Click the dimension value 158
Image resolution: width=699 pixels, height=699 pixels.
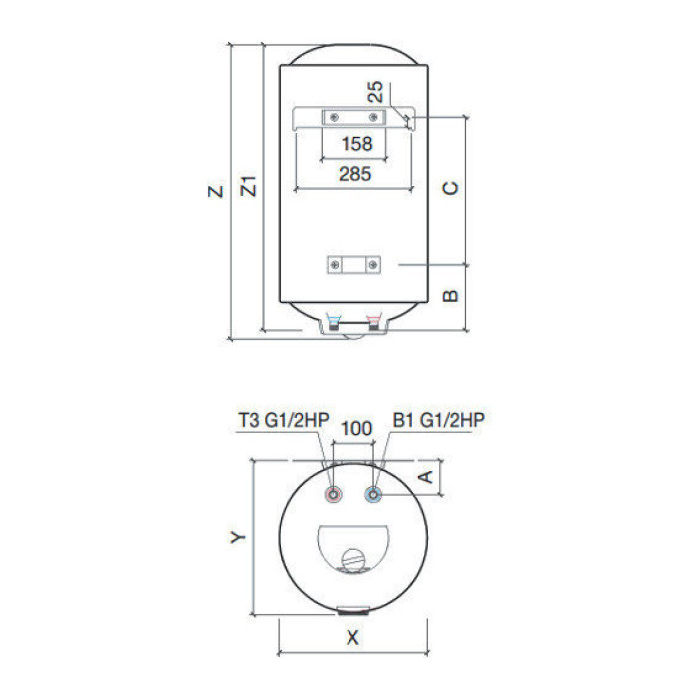356,144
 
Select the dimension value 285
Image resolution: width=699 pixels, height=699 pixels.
354,174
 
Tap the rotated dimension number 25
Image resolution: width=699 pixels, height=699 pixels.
375,92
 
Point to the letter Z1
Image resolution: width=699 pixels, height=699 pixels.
249,186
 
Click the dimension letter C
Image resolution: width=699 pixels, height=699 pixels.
450,188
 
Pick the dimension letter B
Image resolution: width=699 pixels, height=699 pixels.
450,296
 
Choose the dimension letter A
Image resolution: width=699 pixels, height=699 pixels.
426,477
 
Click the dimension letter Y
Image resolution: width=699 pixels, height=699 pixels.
238,537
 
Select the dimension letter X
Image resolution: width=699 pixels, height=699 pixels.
352,637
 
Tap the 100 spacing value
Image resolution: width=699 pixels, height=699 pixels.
356,428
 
